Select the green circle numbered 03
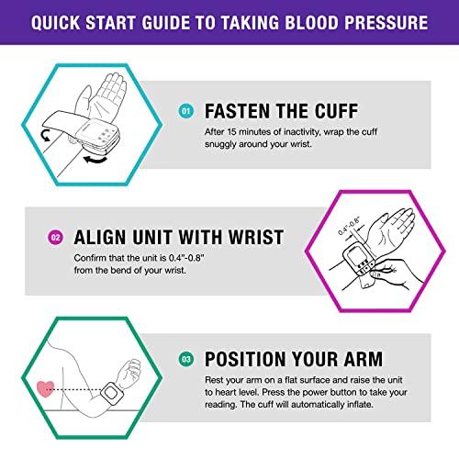pos(185,359)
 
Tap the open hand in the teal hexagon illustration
pos(108,93)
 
